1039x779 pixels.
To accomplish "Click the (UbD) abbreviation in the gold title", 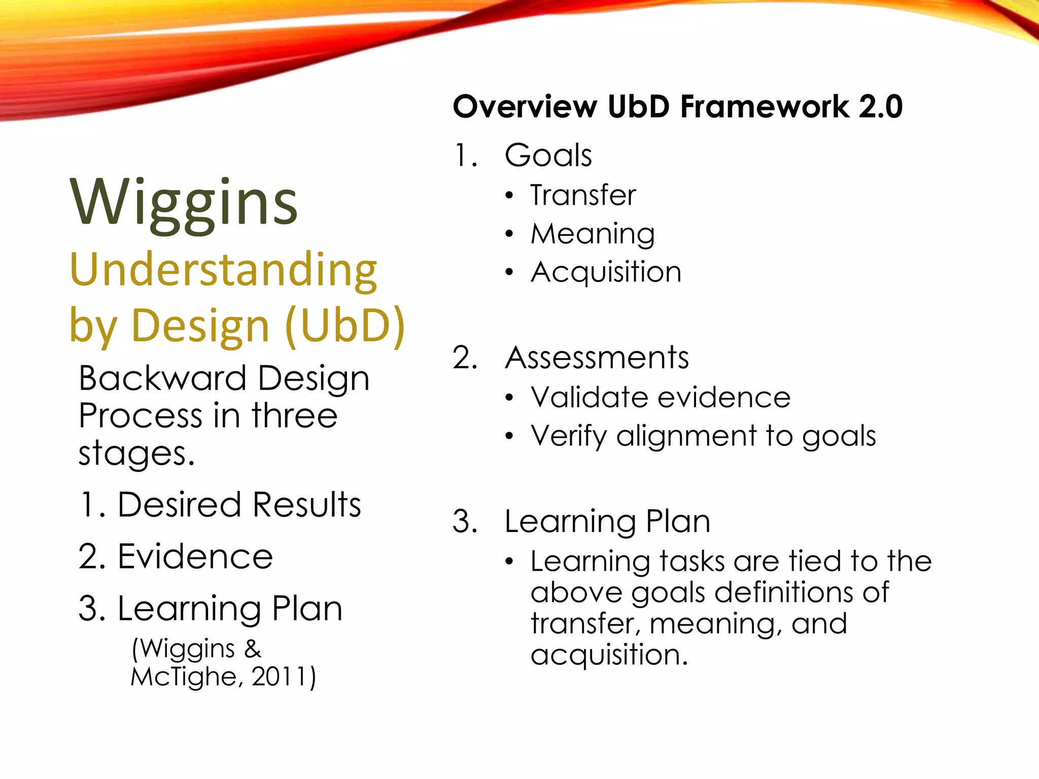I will (x=345, y=326).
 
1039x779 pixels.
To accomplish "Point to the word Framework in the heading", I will (x=764, y=107).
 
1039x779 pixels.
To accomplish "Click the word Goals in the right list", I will (x=548, y=155).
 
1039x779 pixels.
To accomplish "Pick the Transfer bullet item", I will (x=583, y=195).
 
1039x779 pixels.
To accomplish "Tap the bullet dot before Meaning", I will (x=509, y=234).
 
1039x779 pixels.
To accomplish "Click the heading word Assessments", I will (x=597, y=358).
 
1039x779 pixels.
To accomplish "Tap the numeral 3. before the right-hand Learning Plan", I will (x=465, y=522).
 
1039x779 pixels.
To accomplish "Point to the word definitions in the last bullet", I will (x=784, y=592).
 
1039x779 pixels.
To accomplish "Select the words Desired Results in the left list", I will (x=239, y=505).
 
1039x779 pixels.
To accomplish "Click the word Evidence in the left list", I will (x=195, y=557).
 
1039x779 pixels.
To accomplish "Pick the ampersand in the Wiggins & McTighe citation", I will (x=253, y=649).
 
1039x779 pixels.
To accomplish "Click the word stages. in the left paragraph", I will (x=136, y=453).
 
